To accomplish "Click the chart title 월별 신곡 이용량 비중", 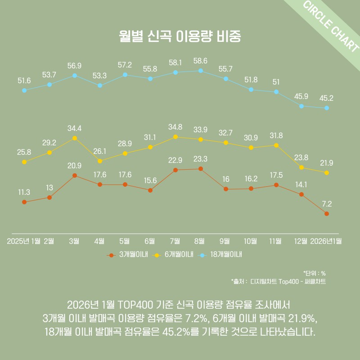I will pos(180,36).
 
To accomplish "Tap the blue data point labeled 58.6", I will pos(201,71).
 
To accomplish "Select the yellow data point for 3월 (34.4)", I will pos(75,138).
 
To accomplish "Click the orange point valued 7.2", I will pos(327,213).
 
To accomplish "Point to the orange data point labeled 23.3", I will pos(201,169).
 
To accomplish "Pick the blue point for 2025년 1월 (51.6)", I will pos(24,90).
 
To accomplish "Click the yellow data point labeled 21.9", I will pos(327,173).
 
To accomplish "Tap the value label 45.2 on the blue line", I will pos(327,98).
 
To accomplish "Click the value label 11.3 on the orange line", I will pos(24,192).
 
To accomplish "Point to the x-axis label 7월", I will pos(175,241).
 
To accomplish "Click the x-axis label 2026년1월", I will pos(326,241).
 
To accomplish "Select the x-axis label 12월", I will pos(301,241).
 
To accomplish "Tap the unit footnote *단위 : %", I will pos(315,273).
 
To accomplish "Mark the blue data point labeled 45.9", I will pos(301,106).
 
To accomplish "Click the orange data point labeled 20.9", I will pos(75,175).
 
